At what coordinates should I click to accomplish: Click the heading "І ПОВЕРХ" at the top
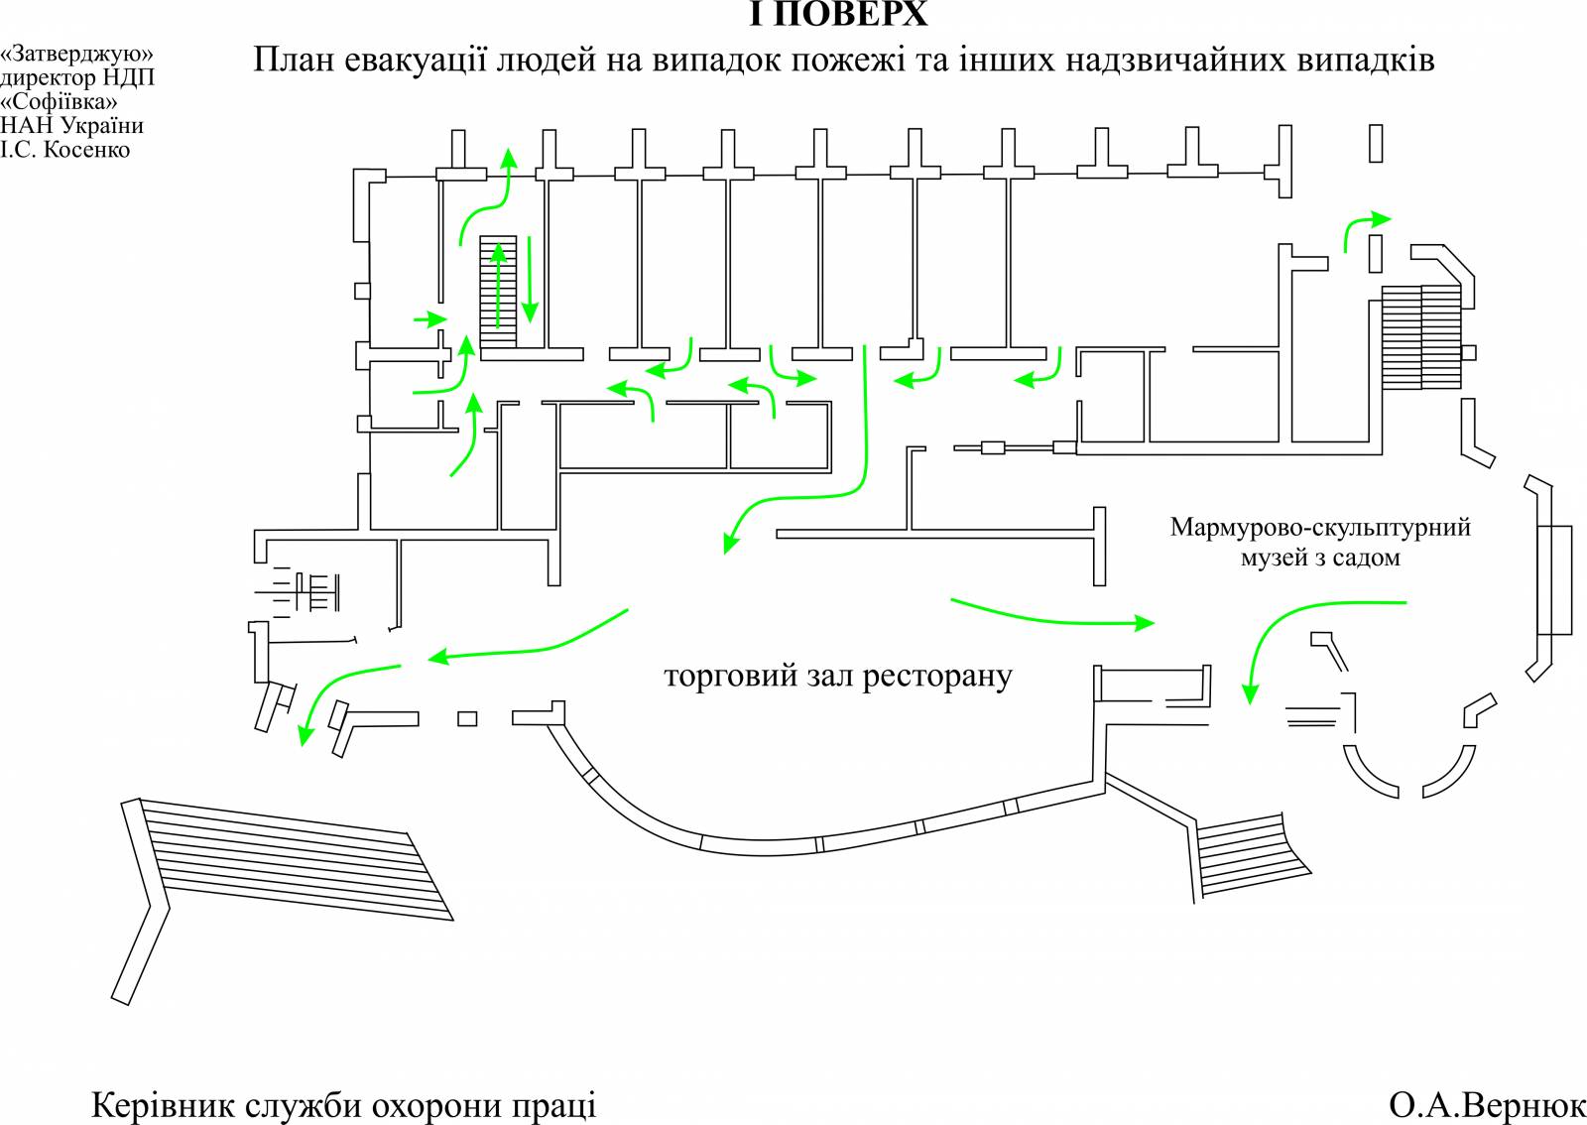[838, 14]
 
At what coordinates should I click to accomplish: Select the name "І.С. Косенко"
[65, 150]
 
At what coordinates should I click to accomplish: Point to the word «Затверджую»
[76, 54]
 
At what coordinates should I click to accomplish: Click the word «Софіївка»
[59, 102]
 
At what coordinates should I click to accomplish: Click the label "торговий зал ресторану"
[837, 677]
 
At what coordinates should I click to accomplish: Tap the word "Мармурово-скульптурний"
[1320, 527]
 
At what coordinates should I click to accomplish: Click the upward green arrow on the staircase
[499, 285]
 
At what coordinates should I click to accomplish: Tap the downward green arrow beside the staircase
[530, 280]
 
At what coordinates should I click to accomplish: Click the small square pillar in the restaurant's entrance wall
[467, 719]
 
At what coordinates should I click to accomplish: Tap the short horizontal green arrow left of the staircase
[430, 319]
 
